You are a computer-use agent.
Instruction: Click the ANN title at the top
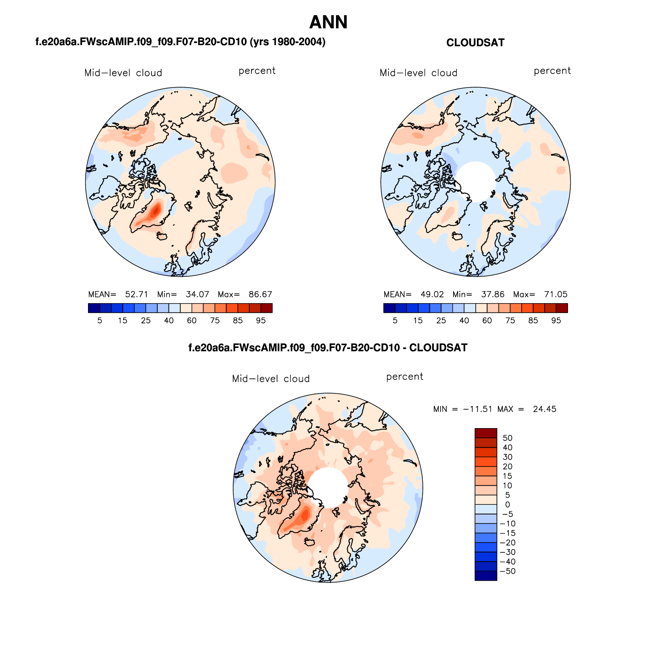[x=328, y=22]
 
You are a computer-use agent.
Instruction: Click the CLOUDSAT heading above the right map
[x=475, y=43]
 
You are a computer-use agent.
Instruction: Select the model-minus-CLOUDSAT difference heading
[x=328, y=348]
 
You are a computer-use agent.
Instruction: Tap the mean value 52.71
[x=136, y=294]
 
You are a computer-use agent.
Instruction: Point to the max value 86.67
[x=260, y=294]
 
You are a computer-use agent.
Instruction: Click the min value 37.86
[x=492, y=294]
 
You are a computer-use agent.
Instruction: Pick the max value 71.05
[x=556, y=294]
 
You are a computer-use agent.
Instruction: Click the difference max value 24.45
[x=544, y=409]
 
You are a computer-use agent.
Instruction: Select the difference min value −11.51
[x=477, y=409]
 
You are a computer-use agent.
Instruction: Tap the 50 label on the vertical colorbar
[x=507, y=438]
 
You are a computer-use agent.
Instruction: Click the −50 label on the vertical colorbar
[x=507, y=571]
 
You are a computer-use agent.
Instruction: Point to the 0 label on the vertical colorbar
[x=507, y=505]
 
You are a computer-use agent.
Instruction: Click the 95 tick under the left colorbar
[x=261, y=320]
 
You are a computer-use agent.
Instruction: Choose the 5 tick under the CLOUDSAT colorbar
[x=395, y=320]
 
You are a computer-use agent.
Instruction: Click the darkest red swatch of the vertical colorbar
[x=485, y=433]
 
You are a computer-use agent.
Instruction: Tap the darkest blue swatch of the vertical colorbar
[x=485, y=576]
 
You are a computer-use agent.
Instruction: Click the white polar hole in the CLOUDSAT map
[x=475, y=181]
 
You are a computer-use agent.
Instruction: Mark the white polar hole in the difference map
[x=328, y=487]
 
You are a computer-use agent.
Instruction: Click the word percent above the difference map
[x=405, y=377]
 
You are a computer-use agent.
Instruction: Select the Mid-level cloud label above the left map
[x=123, y=73]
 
